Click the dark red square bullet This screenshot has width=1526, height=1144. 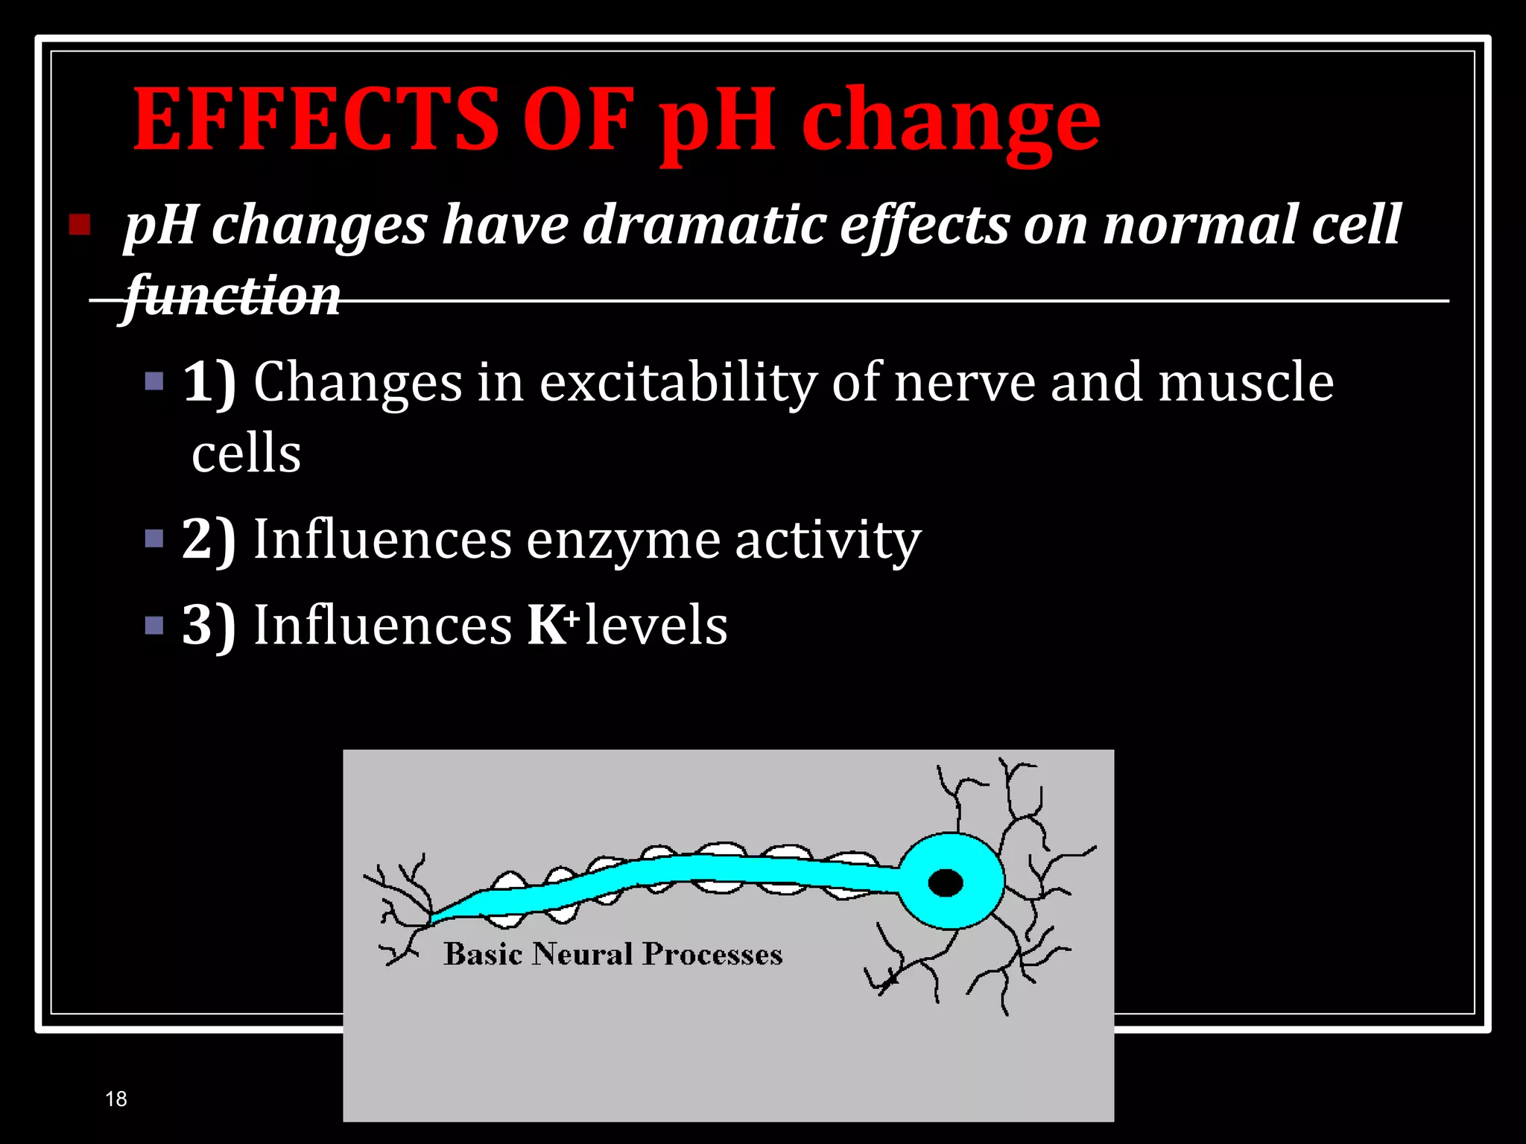coord(80,224)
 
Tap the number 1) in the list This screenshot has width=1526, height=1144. coord(209,382)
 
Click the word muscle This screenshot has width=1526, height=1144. coord(1245,381)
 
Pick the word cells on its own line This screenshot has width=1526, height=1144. coord(247,453)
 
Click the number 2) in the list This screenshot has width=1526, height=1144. coord(209,539)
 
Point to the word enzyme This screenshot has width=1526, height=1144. coord(623,540)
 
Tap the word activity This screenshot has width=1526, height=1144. coord(828,540)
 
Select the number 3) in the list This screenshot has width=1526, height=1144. coord(209,625)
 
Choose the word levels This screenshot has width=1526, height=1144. coord(656,625)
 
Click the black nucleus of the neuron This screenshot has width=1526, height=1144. coord(946,883)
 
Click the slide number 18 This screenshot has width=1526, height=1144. coord(116,1099)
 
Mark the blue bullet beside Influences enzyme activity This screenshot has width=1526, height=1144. coord(154,538)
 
